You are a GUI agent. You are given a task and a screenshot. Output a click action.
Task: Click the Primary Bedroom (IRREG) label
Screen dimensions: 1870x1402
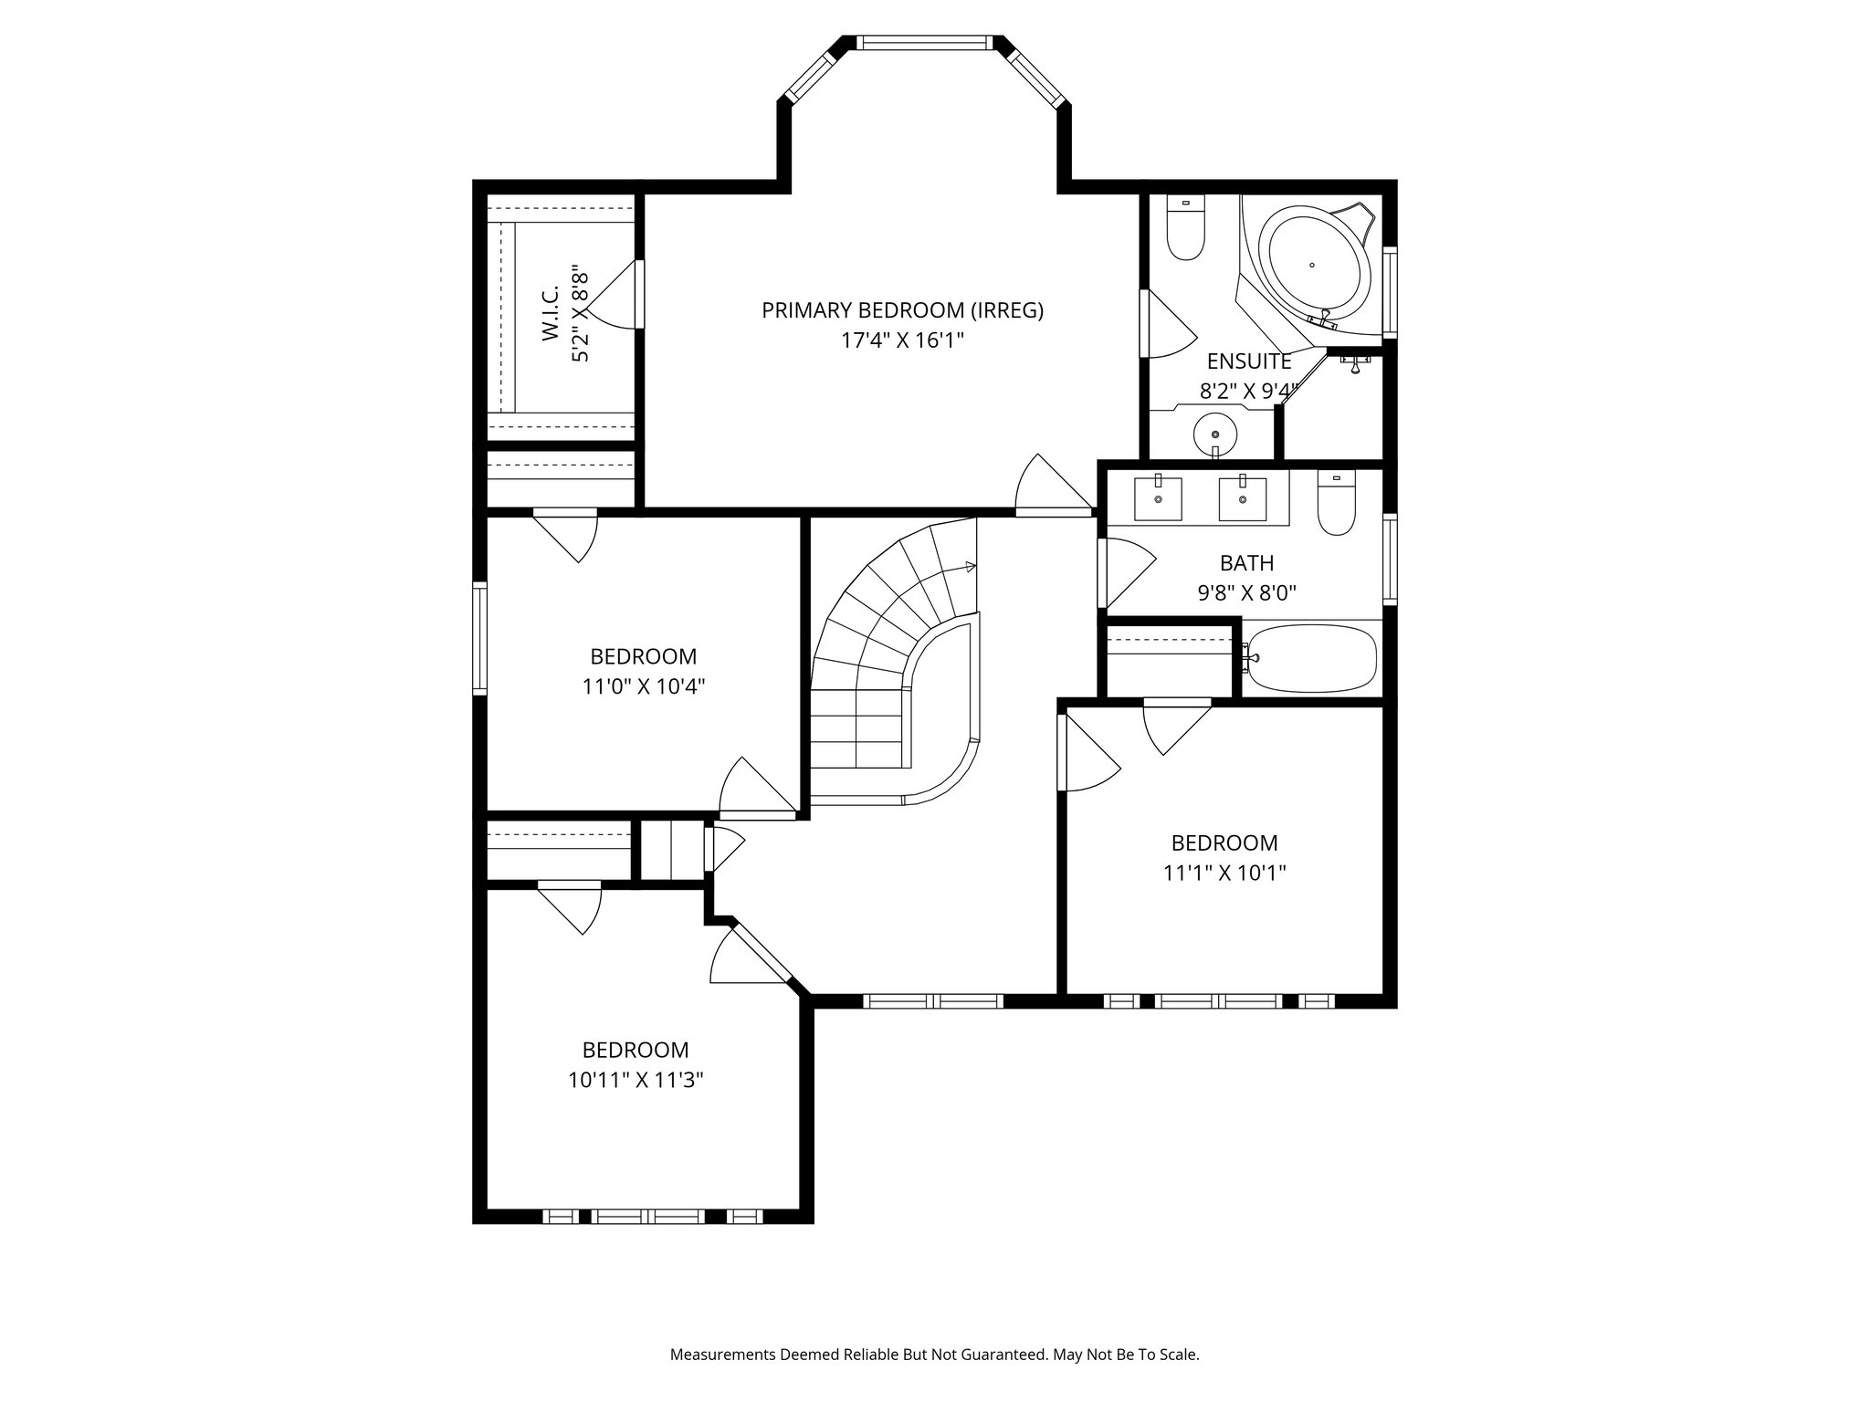902,310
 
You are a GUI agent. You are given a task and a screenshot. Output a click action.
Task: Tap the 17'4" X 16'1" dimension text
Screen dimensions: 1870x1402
902,340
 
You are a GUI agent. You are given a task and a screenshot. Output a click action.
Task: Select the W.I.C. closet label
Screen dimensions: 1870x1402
551,319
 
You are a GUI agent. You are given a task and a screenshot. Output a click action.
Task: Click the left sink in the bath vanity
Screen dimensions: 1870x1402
1158,498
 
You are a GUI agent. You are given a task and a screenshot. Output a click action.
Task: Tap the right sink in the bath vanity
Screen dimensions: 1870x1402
1243,498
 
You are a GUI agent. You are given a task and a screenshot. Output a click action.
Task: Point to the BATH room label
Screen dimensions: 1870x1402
1246,563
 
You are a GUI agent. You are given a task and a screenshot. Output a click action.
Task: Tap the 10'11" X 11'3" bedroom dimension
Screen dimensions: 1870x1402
636,1081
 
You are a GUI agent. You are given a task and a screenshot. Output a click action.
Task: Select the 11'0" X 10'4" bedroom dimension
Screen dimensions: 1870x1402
644,686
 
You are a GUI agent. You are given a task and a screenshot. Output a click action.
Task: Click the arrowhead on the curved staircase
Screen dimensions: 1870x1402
970,567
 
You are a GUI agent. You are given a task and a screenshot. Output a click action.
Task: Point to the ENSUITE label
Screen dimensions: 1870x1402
1249,361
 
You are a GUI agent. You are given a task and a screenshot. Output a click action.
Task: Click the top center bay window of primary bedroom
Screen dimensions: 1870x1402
924,42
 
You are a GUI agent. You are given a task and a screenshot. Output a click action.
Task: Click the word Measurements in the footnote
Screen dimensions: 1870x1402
722,1355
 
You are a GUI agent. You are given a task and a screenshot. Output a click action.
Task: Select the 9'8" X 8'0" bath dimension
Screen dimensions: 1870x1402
1247,593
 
